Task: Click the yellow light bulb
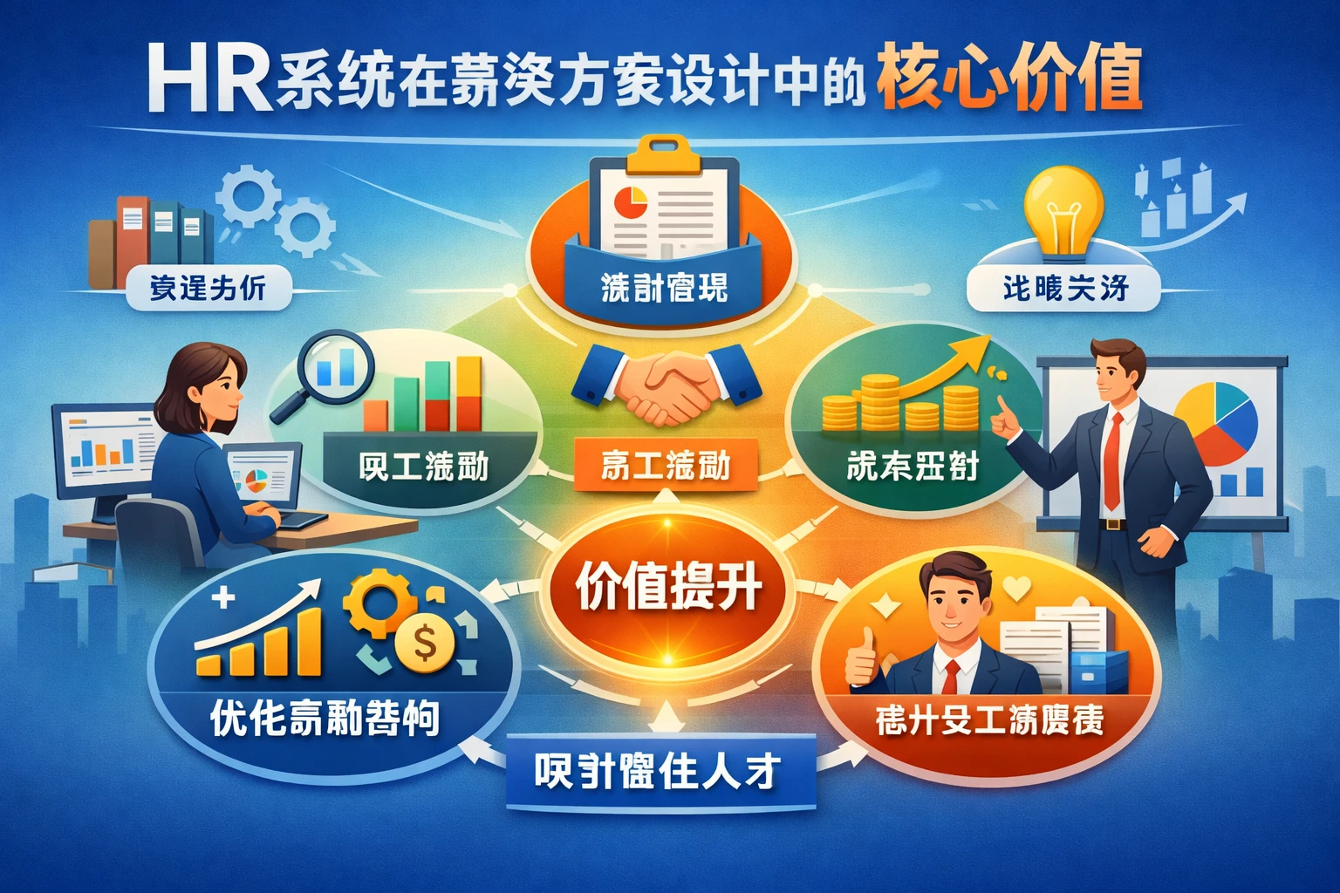click(x=1063, y=209)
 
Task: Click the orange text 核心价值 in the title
click(x=1009, y=80)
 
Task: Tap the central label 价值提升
click(x=668, y=587)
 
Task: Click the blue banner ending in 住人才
click(x=660, y=772)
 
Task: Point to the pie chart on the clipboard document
click(x=629, y=202)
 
